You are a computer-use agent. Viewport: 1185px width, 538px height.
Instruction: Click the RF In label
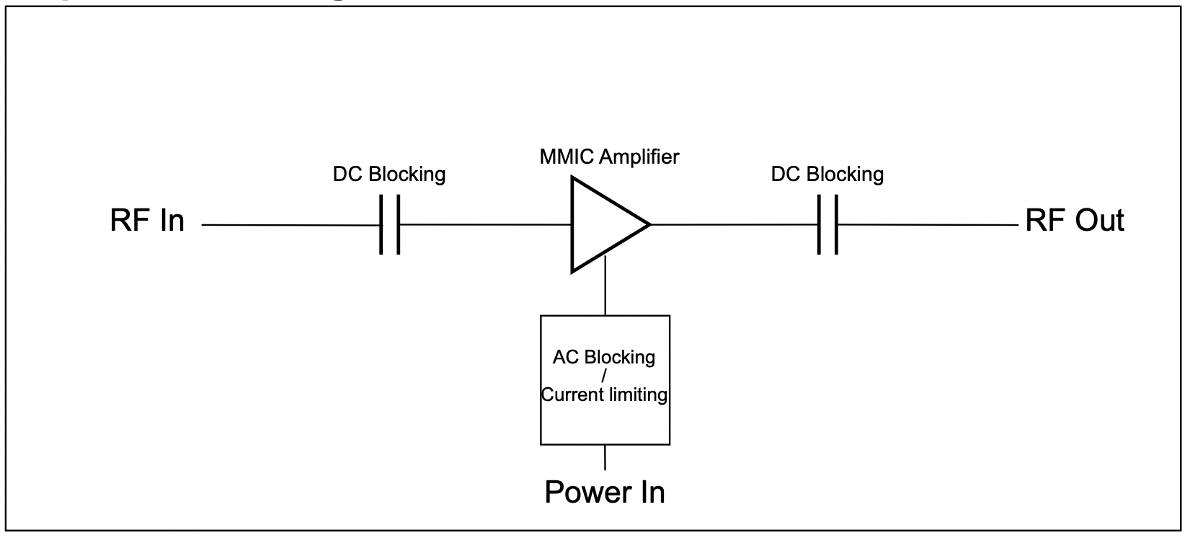tap(148, 221)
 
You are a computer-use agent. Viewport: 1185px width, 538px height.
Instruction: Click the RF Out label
tap(1074, 221)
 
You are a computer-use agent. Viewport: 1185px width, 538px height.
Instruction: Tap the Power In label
tap(605, 492)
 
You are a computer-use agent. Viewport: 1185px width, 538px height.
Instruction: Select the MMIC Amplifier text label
tap(609, 156)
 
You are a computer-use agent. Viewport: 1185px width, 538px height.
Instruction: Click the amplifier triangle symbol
tap(602, 224)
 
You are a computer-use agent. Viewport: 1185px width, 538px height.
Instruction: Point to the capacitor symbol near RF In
tap(390, 225)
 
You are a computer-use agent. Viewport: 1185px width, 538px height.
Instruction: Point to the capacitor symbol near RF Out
tap(828, 225)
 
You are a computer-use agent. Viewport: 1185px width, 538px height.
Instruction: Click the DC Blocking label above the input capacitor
tap(389, 175)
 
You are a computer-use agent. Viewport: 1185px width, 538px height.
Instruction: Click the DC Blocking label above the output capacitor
tap(827, 175)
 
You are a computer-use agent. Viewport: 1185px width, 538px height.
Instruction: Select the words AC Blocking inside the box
tap(604, 358)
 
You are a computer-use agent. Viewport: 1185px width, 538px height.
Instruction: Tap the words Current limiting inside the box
tap(605, 394)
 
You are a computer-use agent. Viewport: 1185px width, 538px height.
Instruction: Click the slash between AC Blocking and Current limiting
tap(603, 376)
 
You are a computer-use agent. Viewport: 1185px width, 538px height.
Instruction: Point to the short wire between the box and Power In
tap(605, 457)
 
